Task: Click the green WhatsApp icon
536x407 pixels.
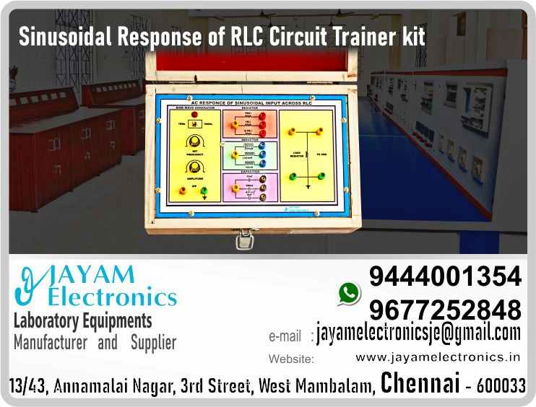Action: pyautogui.click(x=349, y=292)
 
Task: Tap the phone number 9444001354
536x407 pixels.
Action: pyautogui.click(x=445, y=276)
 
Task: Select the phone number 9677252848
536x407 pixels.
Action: pyautogui.click(x=445, y=309)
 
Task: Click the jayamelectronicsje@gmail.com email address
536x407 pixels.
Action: pyautogui.click(x=418, y=333)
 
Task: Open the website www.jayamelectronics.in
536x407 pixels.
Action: pyautogui.click(x=438, y=356)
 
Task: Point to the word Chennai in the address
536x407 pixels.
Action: pyautogui.click(x=420, y=383)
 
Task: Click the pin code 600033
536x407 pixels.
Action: pyautogui.click(x=501, y=386)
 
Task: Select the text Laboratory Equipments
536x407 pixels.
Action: pyautogui.click(x=83, y=320)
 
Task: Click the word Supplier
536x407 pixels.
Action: pyautogui.click(x=153, y=342)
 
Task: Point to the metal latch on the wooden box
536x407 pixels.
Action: pyautogui.click(x=246, y=238)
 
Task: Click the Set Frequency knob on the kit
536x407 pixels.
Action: pyautogui.click(x=194, y=142)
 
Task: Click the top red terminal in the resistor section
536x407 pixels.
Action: pyautogui.click(x=262, y=115)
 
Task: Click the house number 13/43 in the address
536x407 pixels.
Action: pyautogui.click(x=27, y=386)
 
